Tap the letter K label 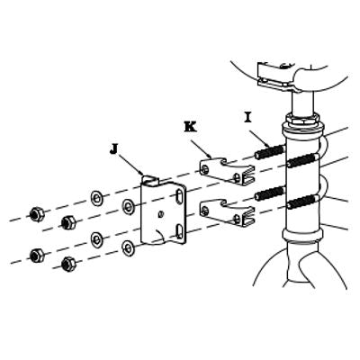point(190,127)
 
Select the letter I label point(247,118)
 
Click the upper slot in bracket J point(179,197)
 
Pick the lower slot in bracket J point(179,231)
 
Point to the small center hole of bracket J point(161,214)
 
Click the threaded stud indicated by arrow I point(270,151)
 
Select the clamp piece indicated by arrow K point(227,171)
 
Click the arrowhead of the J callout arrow point(141,173)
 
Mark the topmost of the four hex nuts point(37,214)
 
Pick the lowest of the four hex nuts point(68,264)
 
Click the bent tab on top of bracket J point(150,179)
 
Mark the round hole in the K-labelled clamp point(205,169)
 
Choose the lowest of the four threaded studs point(303,202)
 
